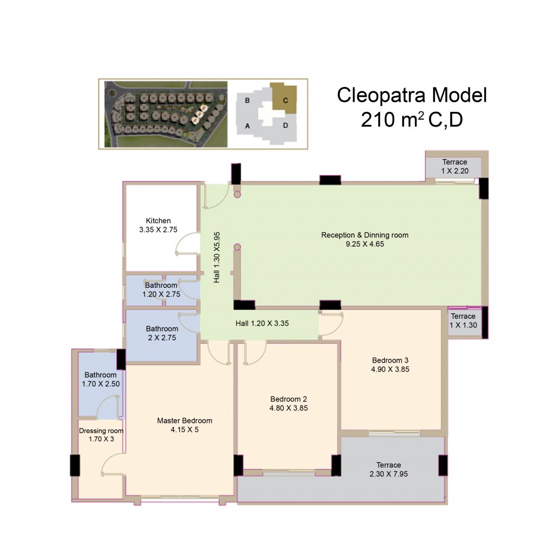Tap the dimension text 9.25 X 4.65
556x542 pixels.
click(365, 244)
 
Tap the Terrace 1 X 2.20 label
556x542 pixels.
click(454, 166)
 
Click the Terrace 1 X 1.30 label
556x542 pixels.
click(463, 320)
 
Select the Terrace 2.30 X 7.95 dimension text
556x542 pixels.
click(389, 474)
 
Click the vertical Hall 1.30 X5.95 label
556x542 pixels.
click(217, 257)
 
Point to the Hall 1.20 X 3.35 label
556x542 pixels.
click(262, 323)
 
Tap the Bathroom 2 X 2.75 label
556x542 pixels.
click(162, 333)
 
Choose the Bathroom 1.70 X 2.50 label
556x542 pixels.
click(100, 379)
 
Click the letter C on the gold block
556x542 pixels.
click(286, 100)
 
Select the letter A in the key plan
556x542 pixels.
click(248, 125)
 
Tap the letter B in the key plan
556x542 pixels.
click(248, 100)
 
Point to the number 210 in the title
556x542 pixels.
click(378, 119)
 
